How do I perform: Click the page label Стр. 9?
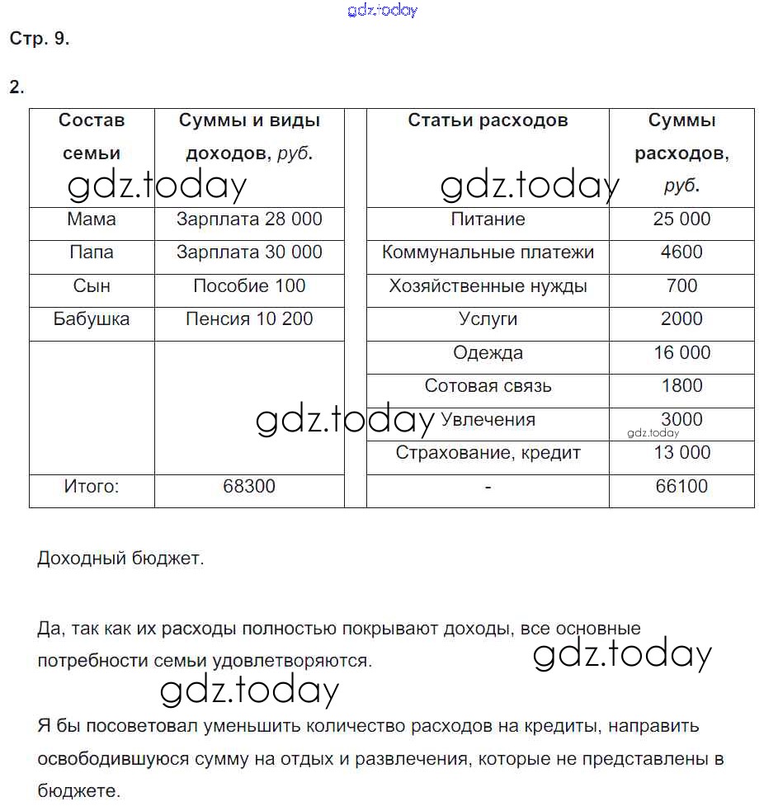tap(40, 39)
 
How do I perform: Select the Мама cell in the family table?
tap(92, 219)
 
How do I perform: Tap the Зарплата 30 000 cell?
tap(249, 252)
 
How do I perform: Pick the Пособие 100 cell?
tap(249, 286)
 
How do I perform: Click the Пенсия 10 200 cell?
tap(249, 319)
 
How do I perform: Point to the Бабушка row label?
tap(92, 319)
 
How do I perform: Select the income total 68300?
tap(249, 487)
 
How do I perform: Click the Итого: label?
tap(92, 487)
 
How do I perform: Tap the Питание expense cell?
tap(488, 219)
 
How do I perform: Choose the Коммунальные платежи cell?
tap(488, 252)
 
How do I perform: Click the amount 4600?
tap(681, 252)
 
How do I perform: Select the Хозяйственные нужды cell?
tap(488, 286)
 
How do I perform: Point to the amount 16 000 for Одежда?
tap(681, 353)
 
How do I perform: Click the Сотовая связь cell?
tap(488, 386)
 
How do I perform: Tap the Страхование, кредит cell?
tap(488, 453)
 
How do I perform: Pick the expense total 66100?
tap(681, 487)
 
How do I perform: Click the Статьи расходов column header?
tap(488, 120)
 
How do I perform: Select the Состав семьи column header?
tap(92, 137)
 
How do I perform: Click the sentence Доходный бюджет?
tap(120, 559)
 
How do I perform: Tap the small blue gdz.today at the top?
tap(383, 10)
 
